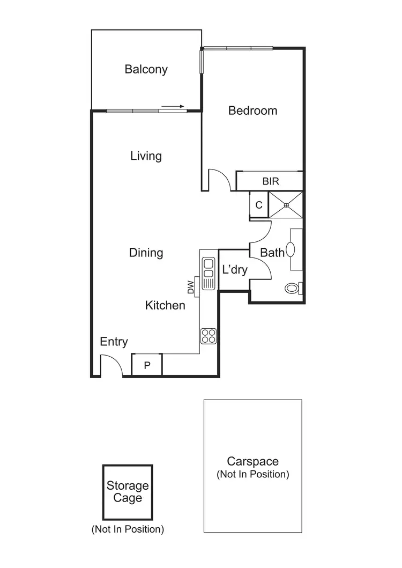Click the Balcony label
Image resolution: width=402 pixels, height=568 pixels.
coord(146,69)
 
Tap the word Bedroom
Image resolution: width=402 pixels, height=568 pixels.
coord(252,110)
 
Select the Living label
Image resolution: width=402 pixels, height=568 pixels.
coord(146,156)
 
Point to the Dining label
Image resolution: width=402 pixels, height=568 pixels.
coord(146,253)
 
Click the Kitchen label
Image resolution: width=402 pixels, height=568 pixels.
coord(165,305)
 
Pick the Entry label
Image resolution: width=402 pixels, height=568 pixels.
coord(114,342)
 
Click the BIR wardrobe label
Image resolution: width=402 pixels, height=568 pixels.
coord(270,181)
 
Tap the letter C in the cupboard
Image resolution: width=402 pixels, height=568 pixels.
coord(258,205)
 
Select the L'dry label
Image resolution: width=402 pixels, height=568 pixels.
coord(234,270)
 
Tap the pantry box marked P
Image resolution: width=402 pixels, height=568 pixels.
coord(146,365)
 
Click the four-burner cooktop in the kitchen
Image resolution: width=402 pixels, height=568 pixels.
coord(208,336)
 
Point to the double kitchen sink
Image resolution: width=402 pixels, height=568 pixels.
coord(208,268)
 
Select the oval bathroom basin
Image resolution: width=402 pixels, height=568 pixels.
coord(291,249)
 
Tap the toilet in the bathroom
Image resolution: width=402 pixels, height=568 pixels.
coord(293,288)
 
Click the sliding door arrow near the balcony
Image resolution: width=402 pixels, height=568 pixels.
coord(173,106)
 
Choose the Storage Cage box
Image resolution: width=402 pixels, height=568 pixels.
coord(128,492)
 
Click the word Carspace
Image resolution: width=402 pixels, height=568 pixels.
coord(252,461)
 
